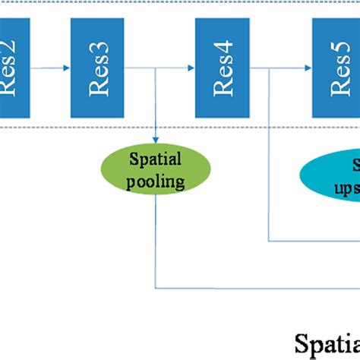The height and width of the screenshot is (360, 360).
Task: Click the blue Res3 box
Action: (x=97, y=68)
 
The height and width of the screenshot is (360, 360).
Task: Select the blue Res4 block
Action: (x=222, y=68)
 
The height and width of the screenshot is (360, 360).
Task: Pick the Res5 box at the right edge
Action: (x=336, y=68)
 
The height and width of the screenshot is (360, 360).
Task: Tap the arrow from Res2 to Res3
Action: (x=50, y=68)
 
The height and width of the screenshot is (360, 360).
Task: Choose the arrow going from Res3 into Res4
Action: (x=175, y=68)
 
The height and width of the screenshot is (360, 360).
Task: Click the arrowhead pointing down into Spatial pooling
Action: (x=155, y=141)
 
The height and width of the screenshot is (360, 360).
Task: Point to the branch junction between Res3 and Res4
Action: (x=155, y=68)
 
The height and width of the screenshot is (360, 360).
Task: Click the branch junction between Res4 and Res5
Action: (x=268, y=68)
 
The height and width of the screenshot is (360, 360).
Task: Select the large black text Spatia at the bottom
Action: (x=327, y=341)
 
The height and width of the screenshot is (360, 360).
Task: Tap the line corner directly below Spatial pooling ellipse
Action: (x=156, y=288)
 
